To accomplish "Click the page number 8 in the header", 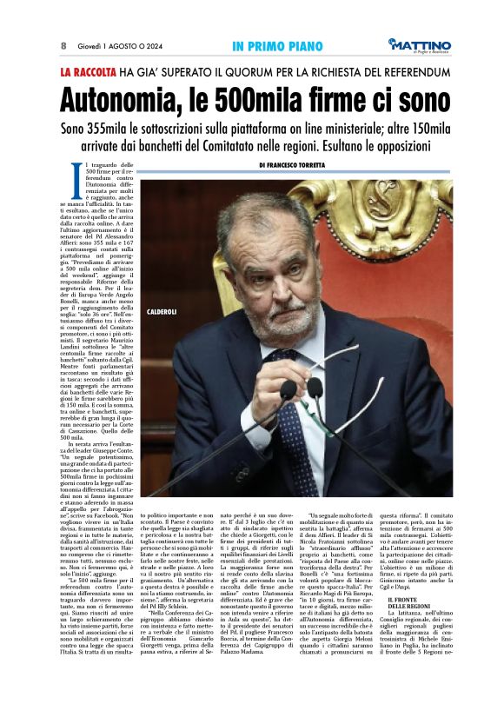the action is pyautogui.click(x=63, y=45).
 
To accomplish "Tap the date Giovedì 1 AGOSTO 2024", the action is pyautogui.click(x=117, y=45).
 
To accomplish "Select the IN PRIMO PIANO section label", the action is pyautogui.click(x=272, y=45).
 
